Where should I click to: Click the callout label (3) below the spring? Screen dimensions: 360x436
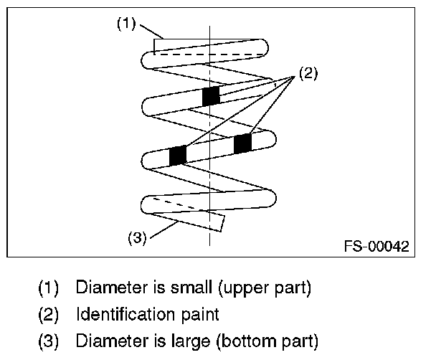(x=136, y=236)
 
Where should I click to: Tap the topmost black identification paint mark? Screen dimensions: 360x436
(x=211, y=95)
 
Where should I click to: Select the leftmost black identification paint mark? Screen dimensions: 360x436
(x=176, y=154)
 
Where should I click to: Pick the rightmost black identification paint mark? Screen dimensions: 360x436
(x=242, y=143)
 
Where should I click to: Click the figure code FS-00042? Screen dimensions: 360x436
(x=376, y=247)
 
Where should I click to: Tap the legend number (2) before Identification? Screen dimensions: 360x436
(x=48, y=313)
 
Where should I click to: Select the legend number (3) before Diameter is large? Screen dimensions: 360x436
(x=48, y=338)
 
